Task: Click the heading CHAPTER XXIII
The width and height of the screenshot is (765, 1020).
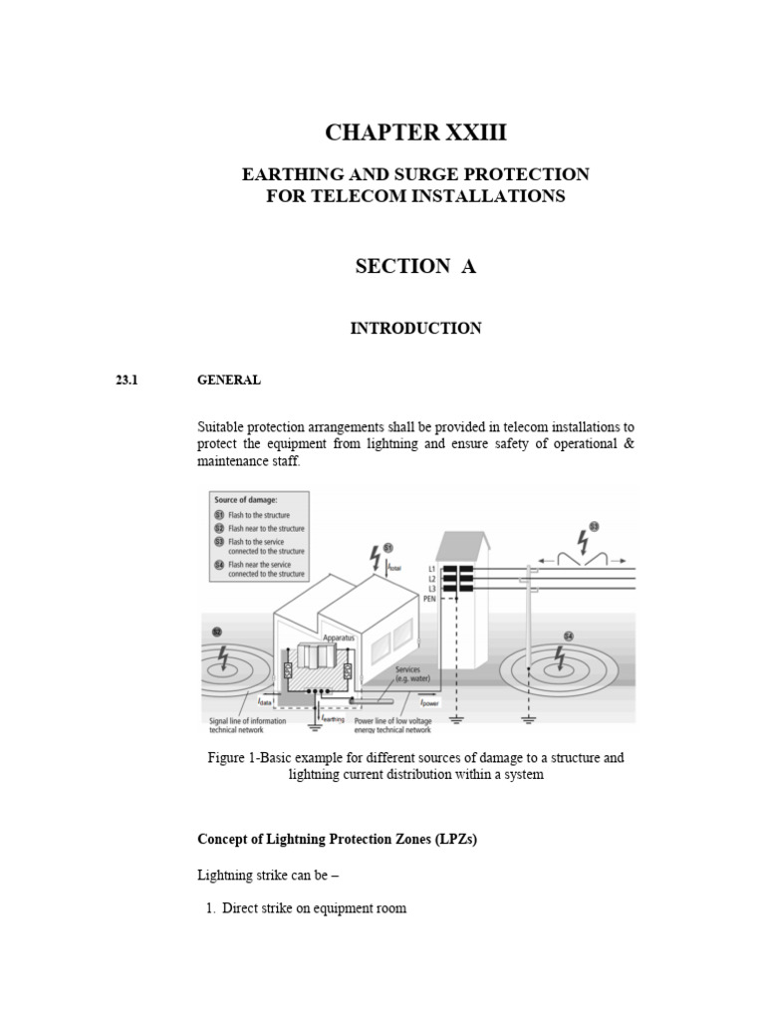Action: click(x=416, y=132)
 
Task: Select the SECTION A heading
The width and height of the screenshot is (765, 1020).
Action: click(x=416, y=266)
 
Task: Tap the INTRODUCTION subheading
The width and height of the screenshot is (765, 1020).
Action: click(x=416, y=329)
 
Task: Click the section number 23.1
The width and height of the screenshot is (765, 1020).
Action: click(x=131, y=380)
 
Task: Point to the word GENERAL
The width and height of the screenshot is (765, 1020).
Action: click(x=229, y=380)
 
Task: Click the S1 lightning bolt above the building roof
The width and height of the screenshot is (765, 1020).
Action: click(x=375, y=553)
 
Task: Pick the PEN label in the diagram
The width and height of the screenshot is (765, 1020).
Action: click(x=429, y=600)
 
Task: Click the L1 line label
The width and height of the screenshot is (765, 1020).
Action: click(x=430, y=569)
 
